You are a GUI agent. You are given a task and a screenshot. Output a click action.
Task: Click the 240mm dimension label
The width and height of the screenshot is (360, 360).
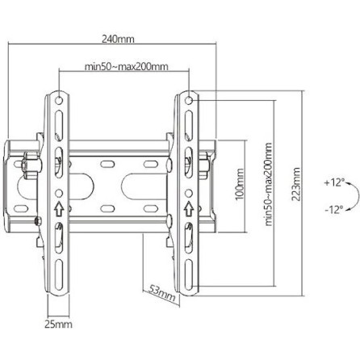coord(118,39)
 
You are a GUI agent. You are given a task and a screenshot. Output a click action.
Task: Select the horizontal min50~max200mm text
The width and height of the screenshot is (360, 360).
coord(127,66)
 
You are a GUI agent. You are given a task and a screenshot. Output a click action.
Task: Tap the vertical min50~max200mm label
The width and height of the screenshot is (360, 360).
coord(269,190)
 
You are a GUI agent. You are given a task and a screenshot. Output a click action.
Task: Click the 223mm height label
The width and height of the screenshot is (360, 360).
coord(295,186)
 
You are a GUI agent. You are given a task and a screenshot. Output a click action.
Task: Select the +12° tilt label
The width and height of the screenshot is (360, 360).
coord(333,183)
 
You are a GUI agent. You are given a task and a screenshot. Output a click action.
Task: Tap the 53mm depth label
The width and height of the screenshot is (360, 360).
coord(162,291)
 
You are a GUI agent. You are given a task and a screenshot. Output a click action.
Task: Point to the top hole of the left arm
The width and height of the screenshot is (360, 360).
coord(58,101)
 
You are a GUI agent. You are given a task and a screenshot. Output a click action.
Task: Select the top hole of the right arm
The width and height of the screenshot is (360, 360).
coord(189,101)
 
